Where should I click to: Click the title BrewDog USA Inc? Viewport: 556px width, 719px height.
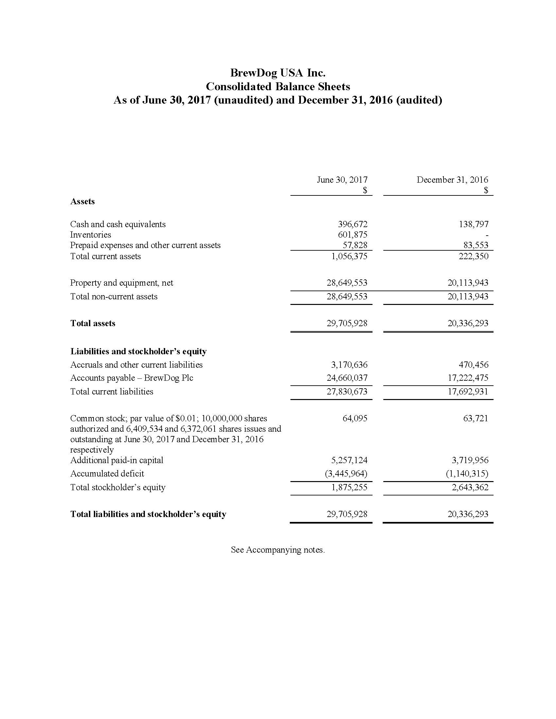[278, 73]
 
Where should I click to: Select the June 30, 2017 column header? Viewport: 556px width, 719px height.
[342, 180]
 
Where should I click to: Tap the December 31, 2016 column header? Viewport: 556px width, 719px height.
[452, 180]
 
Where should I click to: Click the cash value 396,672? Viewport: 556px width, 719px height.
[353, 224]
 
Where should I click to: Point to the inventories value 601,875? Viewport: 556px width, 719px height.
[353, 235]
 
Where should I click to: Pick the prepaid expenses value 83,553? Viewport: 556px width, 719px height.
[476, 245]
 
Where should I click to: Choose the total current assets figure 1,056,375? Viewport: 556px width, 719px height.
[349, 256]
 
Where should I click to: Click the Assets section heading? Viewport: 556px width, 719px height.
[82, 201]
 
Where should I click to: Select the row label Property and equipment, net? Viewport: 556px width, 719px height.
[122, 283]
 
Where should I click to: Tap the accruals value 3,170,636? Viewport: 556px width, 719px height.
[349, 365]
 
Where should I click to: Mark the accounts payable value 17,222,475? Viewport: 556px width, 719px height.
[468, 378]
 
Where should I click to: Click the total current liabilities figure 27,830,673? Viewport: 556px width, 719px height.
[347, 392]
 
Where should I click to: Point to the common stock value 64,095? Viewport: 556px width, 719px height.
[355, 418]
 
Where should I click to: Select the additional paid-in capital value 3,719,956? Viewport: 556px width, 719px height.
[470, 460]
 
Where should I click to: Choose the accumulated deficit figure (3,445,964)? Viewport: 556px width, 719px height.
[346, 474]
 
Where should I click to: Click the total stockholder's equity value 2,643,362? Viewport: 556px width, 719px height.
[470, 487]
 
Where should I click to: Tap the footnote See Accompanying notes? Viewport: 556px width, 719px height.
[278, 550]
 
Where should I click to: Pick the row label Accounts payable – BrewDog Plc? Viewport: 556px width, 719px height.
[132, 378]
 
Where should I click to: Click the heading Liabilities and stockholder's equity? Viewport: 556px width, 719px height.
[138, 351]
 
